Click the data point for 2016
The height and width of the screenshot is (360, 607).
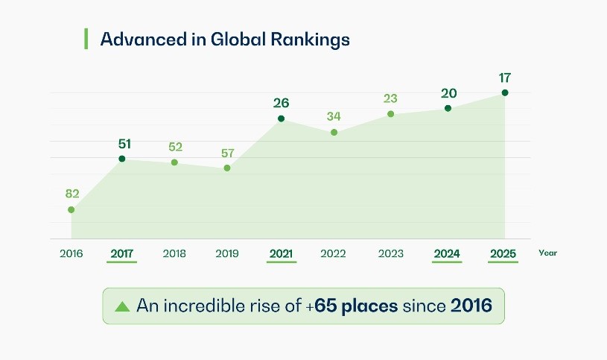point(71,209)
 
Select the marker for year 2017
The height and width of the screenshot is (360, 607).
point(122,159)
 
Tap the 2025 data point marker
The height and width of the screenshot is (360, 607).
point(505,92)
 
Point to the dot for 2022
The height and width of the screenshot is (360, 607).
point(334,133)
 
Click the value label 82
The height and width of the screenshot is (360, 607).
point(72,194)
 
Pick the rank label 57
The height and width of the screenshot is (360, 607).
point(227,154)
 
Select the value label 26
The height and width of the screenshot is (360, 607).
point(281,103)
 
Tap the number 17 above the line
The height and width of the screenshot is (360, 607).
point(506,78)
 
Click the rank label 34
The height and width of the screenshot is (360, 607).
point(334,117)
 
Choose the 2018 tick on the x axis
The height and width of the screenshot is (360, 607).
point(174,253)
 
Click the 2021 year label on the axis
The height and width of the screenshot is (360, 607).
point(281,253)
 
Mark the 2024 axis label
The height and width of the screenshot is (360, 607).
point(448,253)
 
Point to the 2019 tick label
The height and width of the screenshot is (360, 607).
point(227,253)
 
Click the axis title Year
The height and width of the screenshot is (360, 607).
point(547,253)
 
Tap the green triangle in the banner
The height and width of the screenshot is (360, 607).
point(122,306)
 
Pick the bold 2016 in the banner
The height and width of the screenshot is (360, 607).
point(471,306)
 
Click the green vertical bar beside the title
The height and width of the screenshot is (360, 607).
point(86,39)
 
